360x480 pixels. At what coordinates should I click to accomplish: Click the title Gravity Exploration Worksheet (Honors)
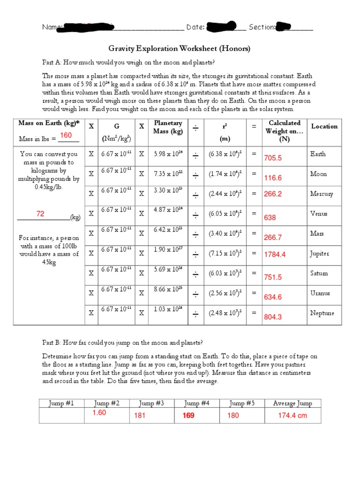click(x=180, y=48)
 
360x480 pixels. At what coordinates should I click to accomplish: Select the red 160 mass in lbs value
click(x=66, y=135)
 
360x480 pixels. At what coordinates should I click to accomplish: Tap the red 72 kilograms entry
click(x=40, y=214)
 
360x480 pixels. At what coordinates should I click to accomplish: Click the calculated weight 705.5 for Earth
click(x=273, y=158)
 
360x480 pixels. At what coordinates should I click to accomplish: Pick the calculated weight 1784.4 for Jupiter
click(x=275, y=255)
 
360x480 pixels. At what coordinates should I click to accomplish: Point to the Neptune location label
click(x=322, y=313)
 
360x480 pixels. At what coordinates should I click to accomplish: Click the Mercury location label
click(x=322, y=194)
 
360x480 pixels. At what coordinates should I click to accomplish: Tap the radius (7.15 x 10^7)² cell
click(x=225, y=254)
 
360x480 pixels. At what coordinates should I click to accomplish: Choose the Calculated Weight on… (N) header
click(x=284, y=131)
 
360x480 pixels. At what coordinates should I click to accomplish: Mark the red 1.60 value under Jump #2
click(x=99, y=413)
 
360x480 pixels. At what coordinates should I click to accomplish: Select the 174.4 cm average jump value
click(x=292, y=415)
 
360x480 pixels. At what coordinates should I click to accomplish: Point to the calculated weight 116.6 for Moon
click(x=273, y=178)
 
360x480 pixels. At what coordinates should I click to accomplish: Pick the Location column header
click(x=324, y=127)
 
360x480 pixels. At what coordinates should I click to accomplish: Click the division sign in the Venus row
click(x=195, y=214)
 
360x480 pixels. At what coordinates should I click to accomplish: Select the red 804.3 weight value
click(x=273, y=317)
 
